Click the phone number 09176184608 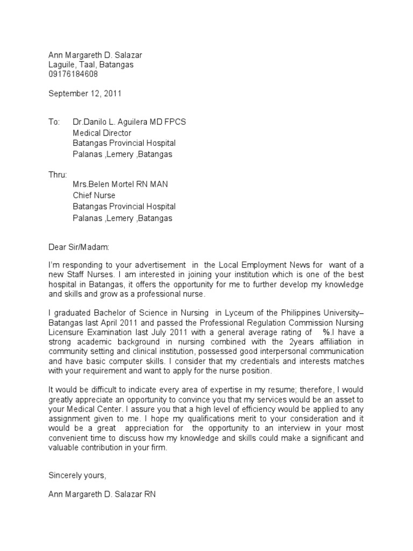click(x=73, y=74)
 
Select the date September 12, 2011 click(x=85, y=94)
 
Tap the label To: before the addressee click(x=54, y=122)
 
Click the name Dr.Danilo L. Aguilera click(x=115, y=122)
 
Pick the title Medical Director click(x=102, y=133)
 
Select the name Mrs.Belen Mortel click(x=106, y=185)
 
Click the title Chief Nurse click(x=94, y=195)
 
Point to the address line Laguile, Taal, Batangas click(x=91, y=65)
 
